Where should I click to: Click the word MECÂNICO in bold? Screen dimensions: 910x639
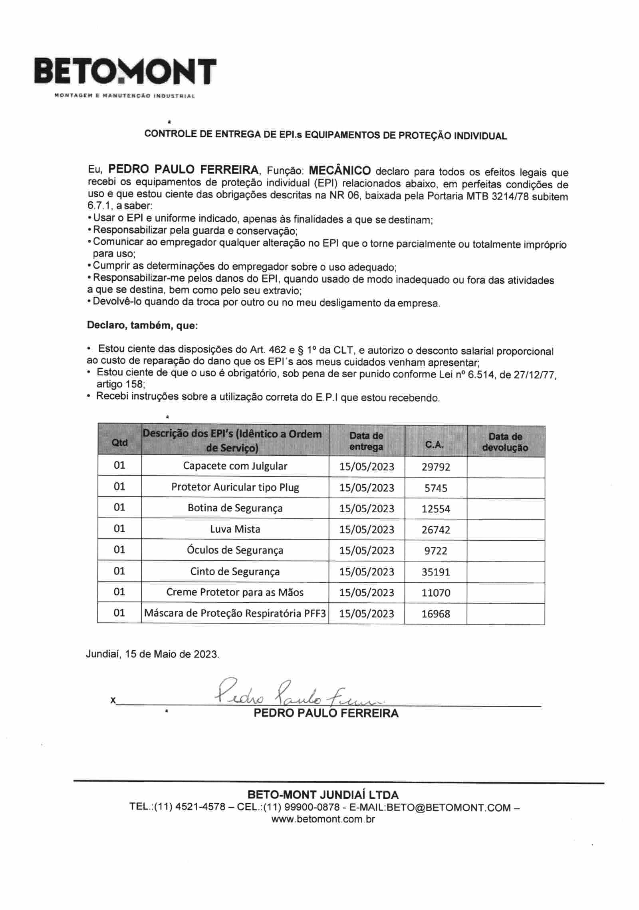click(x=339, y=171)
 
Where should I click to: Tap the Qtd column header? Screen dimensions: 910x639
click(x=119, y=442)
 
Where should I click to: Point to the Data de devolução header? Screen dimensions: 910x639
click(x=505, y=442)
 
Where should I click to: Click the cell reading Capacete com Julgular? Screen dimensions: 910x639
click(x=235, y=466)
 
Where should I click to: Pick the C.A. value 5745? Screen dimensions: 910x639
click(x=436, y=488)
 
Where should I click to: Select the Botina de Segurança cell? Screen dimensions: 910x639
click(x=235, y=508)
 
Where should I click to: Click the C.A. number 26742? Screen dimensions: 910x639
click(x=436, y=530)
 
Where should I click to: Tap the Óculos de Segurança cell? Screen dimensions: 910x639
click(x=235, y=550)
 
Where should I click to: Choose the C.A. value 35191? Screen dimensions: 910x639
click(x=436, y=572)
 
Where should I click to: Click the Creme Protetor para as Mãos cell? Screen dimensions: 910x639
click(x=235, y=592)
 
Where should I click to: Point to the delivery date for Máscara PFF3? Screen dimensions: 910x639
click(x=367, y=614)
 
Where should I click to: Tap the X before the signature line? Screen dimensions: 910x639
click(x=113, y=700)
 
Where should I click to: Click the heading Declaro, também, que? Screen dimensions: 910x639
click(x=143, y=326)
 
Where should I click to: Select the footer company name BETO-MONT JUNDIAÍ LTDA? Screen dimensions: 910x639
click(x=323, y=794)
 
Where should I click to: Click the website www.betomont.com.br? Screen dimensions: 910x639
click(x=323, y=819)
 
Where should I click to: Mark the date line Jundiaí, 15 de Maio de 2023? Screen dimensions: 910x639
click(x=153, y=654)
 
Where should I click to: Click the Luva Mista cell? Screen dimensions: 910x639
click(x=235, y=529)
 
